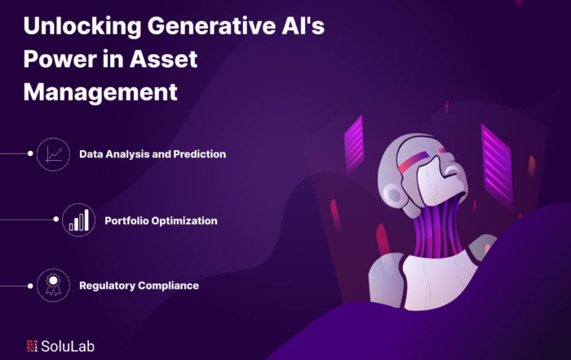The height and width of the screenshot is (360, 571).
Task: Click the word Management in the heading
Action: tap(100, 92)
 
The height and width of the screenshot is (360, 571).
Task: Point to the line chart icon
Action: tap(54, 154)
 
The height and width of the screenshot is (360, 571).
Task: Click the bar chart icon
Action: tap(79, 220)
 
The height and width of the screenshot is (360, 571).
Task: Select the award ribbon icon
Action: tap(53, 284)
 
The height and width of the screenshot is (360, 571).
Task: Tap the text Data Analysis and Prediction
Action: tap(153, 154)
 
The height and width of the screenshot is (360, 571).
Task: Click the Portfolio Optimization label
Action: tap(161, 220)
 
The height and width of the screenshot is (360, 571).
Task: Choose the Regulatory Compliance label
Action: tap(139, 286)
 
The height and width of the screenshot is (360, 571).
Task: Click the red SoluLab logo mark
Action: tap(32, 346)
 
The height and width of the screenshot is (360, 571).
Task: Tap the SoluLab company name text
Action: tap(68, 346)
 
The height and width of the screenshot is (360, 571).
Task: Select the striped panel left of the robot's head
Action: tap(354, 144)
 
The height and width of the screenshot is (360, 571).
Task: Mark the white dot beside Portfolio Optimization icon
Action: tap(55, 220)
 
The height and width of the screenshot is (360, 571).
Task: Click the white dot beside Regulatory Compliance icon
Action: tap(30, 286)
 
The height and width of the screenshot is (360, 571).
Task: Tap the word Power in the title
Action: tap(60, 59)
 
